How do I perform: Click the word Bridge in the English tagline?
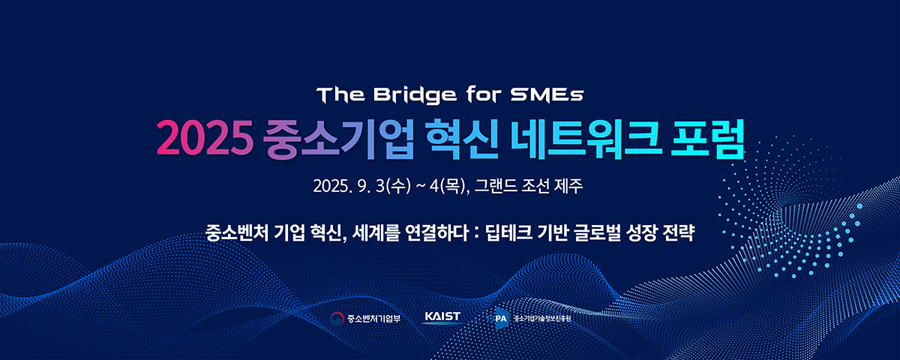(415, 96)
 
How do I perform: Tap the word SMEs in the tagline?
(547, 94)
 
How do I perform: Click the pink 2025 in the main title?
(205, 138)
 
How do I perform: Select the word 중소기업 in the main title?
(338, 139)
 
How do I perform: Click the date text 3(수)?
(393, 187)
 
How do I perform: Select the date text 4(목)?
(447, 187)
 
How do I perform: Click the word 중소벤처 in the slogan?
(237, 232)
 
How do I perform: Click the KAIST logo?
(442, 317)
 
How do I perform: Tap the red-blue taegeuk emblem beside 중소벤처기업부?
(337, 319)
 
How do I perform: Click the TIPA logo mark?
(497, 319)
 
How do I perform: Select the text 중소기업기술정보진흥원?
(542, 319)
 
